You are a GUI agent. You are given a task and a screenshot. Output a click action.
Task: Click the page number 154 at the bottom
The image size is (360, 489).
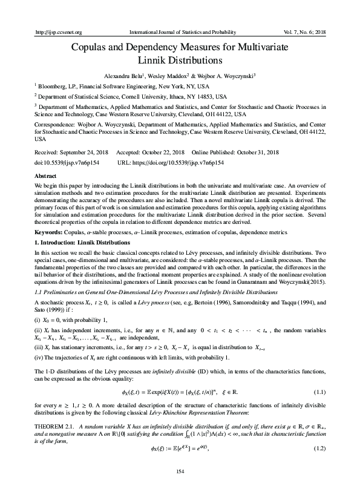click(x=180, y=471)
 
